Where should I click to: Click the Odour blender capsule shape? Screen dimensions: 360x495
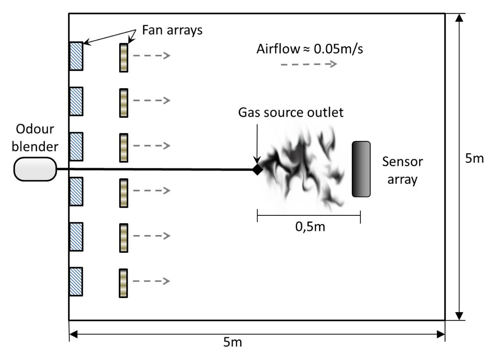(35, 169)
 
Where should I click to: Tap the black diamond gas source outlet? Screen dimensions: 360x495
(258, 170)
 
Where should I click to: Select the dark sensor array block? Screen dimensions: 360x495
(361, 169)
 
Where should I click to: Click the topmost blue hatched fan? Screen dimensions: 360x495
(76, 56)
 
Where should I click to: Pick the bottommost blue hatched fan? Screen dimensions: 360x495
(76, 281)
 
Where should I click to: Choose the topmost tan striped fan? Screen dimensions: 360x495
(124, 57)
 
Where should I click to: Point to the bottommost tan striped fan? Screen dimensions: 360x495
(124, 283)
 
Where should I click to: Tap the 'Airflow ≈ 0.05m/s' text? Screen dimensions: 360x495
(310, 49)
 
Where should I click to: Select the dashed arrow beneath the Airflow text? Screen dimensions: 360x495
(308, 64)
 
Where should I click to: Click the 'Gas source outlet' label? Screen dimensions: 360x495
(291, 112)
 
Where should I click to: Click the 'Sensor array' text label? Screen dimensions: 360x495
(402, 170)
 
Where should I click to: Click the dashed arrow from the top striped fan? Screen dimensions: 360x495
(151, 56)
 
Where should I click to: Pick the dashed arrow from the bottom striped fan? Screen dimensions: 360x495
(151, 281)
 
